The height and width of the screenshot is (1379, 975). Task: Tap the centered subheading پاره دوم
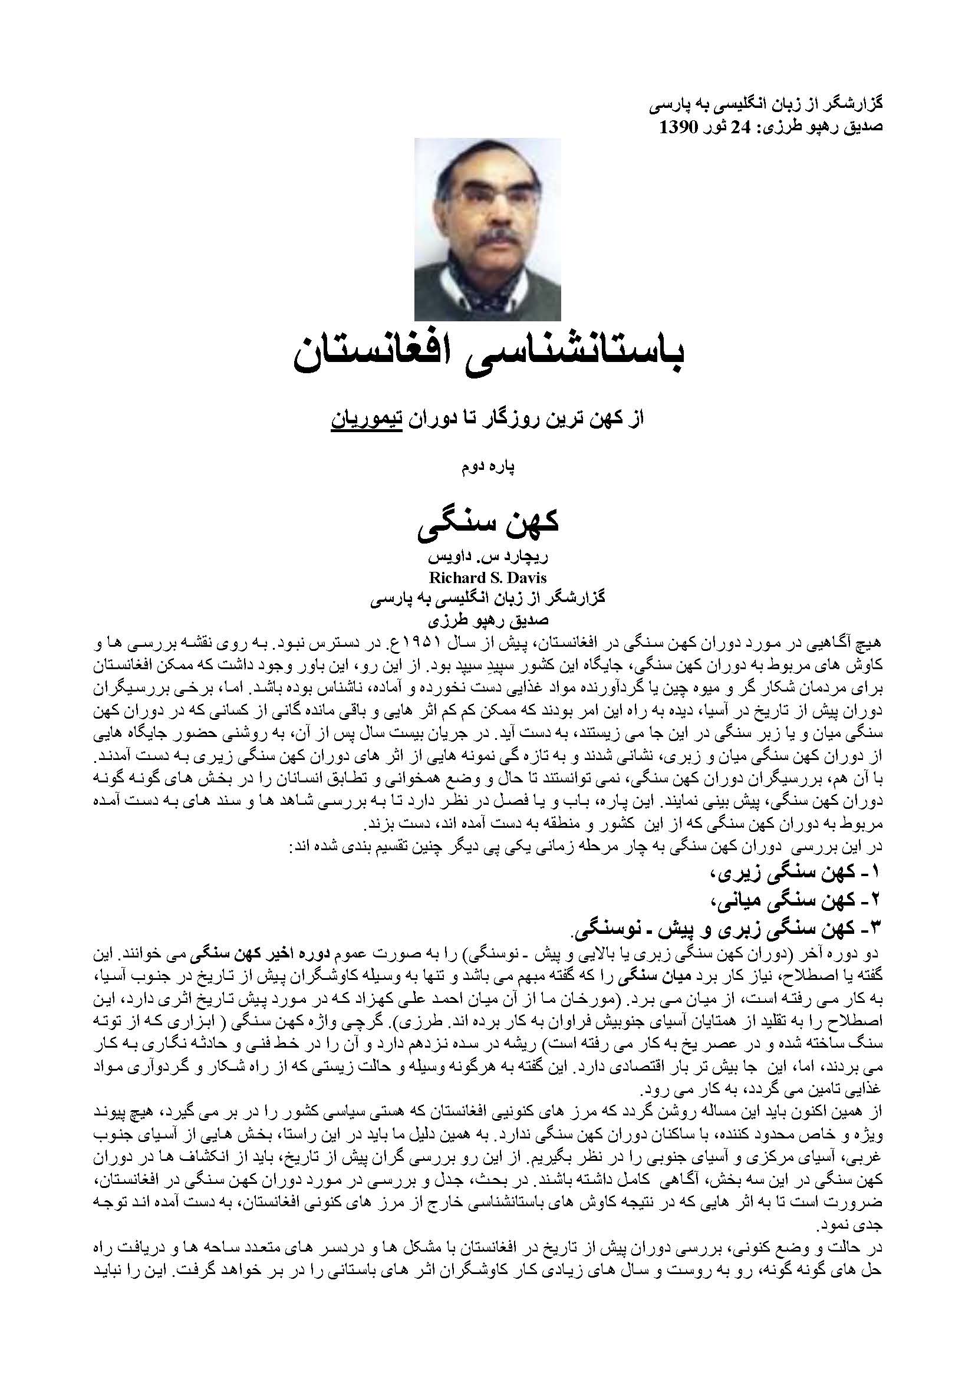pyautogui.click(x=487, y=467)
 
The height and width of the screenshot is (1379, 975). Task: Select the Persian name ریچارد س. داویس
pyautogui.click(x=487, y=557)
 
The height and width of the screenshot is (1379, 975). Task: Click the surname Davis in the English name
pyautogui.click(x=526, y=578)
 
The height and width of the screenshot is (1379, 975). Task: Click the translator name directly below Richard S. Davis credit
pyautogui.click(x=487, y=619)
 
